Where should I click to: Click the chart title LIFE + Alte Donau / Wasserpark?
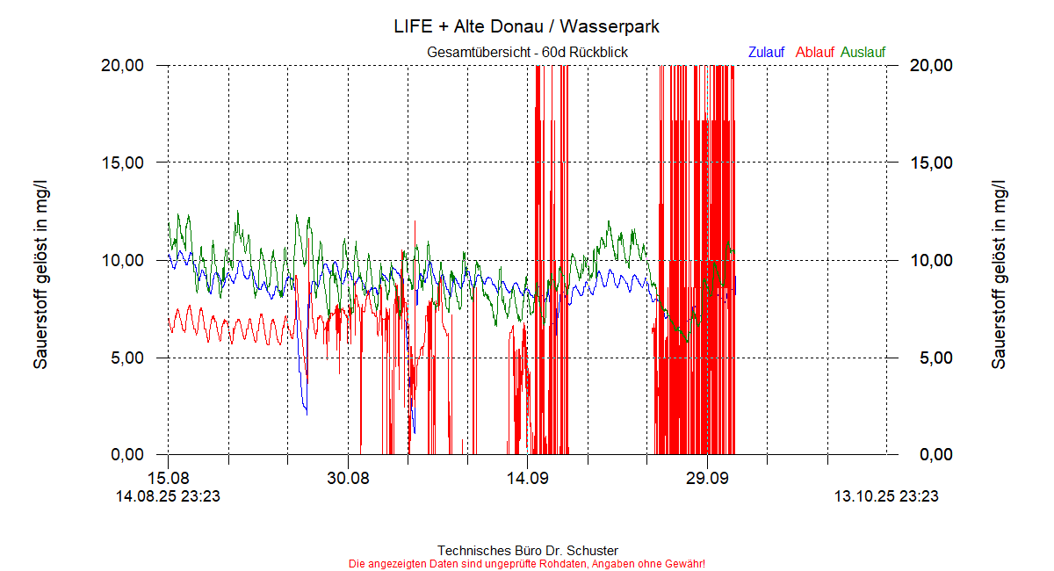click(527, 26)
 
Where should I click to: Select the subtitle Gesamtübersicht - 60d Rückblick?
click(527, 53)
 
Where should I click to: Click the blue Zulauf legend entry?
click(766, 53)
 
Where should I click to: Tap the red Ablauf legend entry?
click(814, 53)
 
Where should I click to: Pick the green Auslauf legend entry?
click(863, 53)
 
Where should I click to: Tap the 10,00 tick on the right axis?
click(929, 260)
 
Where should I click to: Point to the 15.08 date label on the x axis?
click(169, 479)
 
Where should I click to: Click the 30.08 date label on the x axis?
click(348, 479)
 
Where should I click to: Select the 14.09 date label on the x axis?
click(527, 479)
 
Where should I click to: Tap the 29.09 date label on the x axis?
click(707, 479)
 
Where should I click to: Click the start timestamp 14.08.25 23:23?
click(169, 496)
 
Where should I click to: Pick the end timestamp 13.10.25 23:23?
click(886, 496)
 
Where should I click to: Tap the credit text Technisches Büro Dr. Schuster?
click(527, 551)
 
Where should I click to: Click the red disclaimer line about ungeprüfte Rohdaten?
click(527, 563)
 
